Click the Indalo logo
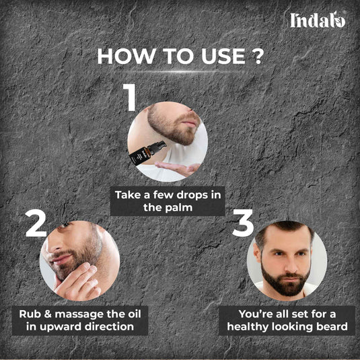(318, 20)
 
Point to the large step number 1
(131, 98)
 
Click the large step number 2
(36, 224)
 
